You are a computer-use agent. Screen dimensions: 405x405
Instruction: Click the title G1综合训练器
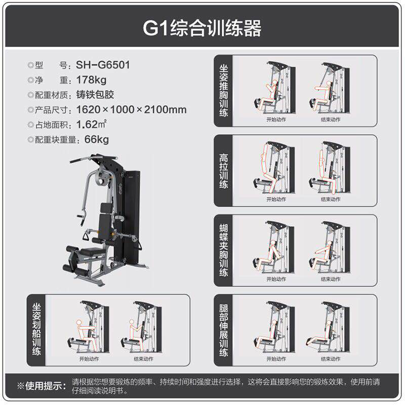202,28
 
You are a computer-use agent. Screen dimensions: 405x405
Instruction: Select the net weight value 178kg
92,79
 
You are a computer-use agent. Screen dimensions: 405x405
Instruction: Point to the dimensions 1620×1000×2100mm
131,109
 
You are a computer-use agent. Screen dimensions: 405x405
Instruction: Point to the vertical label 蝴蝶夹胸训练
224,250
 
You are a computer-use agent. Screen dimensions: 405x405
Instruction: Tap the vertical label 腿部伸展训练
224,329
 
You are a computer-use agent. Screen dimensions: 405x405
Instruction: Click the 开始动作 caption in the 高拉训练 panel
276,199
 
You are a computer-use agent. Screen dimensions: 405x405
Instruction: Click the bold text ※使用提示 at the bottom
42,386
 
